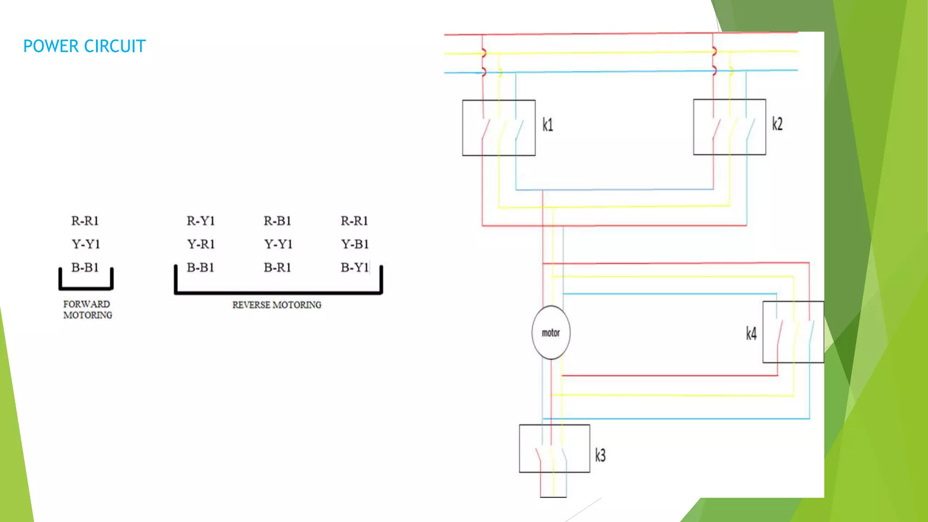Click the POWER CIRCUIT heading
pos(84,46)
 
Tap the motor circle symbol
pos(551,333)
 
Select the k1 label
pos(548,125)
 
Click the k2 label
pos(777,124)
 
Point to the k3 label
pos(600,455)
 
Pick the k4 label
pos(751,334)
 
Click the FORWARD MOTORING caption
pos(87,309)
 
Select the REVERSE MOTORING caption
pos(276,305)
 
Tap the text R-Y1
pos(200,221)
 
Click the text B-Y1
pos(355,268)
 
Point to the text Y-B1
pos(355,244)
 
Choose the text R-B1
pos(277,221)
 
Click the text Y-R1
pos(201,244)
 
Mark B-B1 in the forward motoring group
pos(85,267)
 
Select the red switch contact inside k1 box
pos(485,129)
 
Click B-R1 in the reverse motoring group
pos(277,268)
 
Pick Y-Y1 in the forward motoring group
pos(86,244)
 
